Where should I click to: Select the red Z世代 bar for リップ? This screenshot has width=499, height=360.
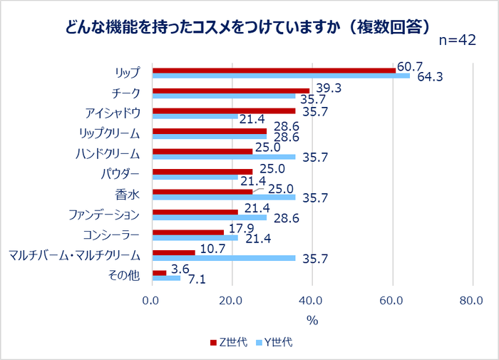[274, 70]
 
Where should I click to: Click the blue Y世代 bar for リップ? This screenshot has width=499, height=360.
[281, 76]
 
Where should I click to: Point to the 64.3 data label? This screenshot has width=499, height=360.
[430, 78]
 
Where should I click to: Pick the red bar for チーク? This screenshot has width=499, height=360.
[231, 91]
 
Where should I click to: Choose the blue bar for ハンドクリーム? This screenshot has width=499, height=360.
[224, 157]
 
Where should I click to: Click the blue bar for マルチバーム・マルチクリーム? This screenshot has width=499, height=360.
[224, 258]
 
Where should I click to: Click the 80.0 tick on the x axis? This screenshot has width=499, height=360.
[472, 300]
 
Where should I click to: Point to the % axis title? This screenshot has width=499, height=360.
[312, 320]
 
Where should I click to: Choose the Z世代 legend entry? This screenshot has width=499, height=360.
[229, 343]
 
